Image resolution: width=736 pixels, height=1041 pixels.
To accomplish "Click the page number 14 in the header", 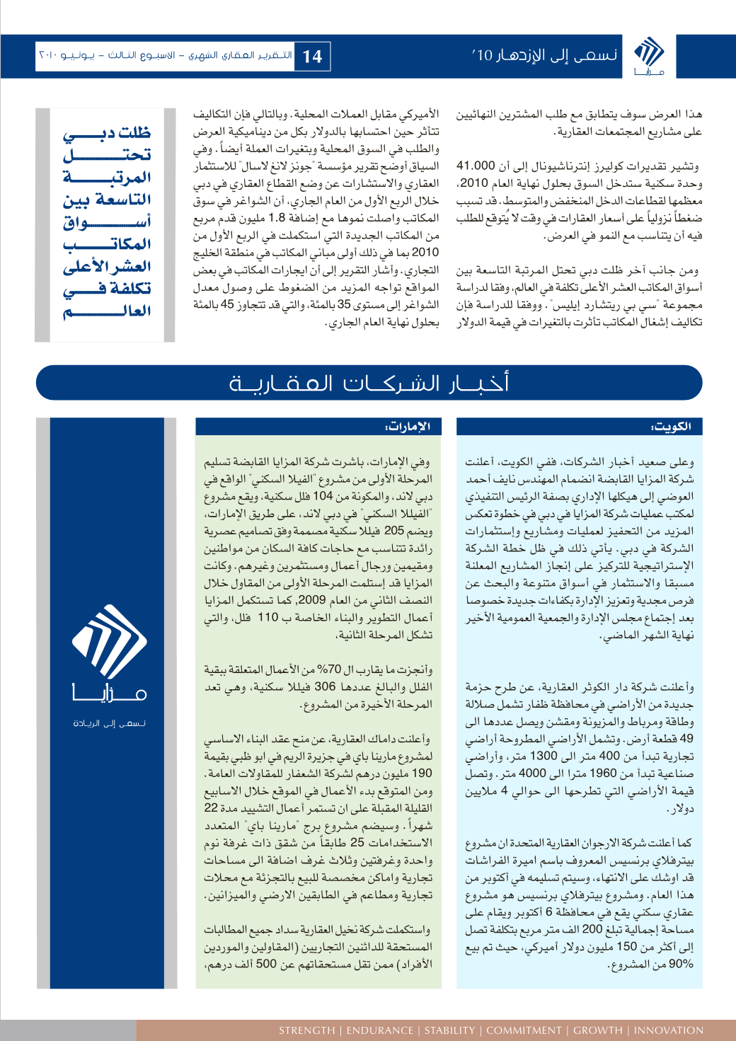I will pos(312,57).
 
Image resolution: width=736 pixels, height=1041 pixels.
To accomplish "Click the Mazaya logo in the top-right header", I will pos(649,56).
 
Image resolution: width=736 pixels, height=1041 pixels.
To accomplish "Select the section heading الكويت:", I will pos(671,427).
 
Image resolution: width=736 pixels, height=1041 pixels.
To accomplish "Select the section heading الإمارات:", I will pos(408,427).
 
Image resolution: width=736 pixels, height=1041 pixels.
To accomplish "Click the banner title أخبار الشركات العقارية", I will pos(369,384).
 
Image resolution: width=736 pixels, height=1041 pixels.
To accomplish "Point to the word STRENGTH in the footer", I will pos(306,1030).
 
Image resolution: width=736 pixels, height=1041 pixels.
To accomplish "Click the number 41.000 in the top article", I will pos(476,166).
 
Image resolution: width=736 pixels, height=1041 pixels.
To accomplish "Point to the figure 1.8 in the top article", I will pos(277,218).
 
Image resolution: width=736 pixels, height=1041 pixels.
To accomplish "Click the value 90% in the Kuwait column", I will pos(681,964).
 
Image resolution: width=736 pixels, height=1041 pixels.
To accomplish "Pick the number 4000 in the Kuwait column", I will pos(532,773).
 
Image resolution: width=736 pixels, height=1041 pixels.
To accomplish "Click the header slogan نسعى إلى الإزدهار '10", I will pos(545,55).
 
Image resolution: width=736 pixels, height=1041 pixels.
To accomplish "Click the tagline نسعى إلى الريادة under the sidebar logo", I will pos(110,723).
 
